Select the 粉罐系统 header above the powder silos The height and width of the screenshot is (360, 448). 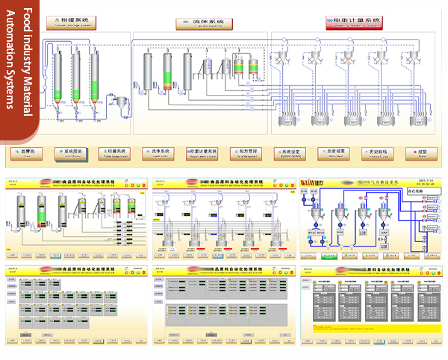pos(75,24)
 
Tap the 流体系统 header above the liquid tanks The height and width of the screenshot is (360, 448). pos(203,24)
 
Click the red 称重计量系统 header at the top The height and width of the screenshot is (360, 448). pos(353,23)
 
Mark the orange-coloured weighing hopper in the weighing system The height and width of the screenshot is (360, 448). pos(348,57)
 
